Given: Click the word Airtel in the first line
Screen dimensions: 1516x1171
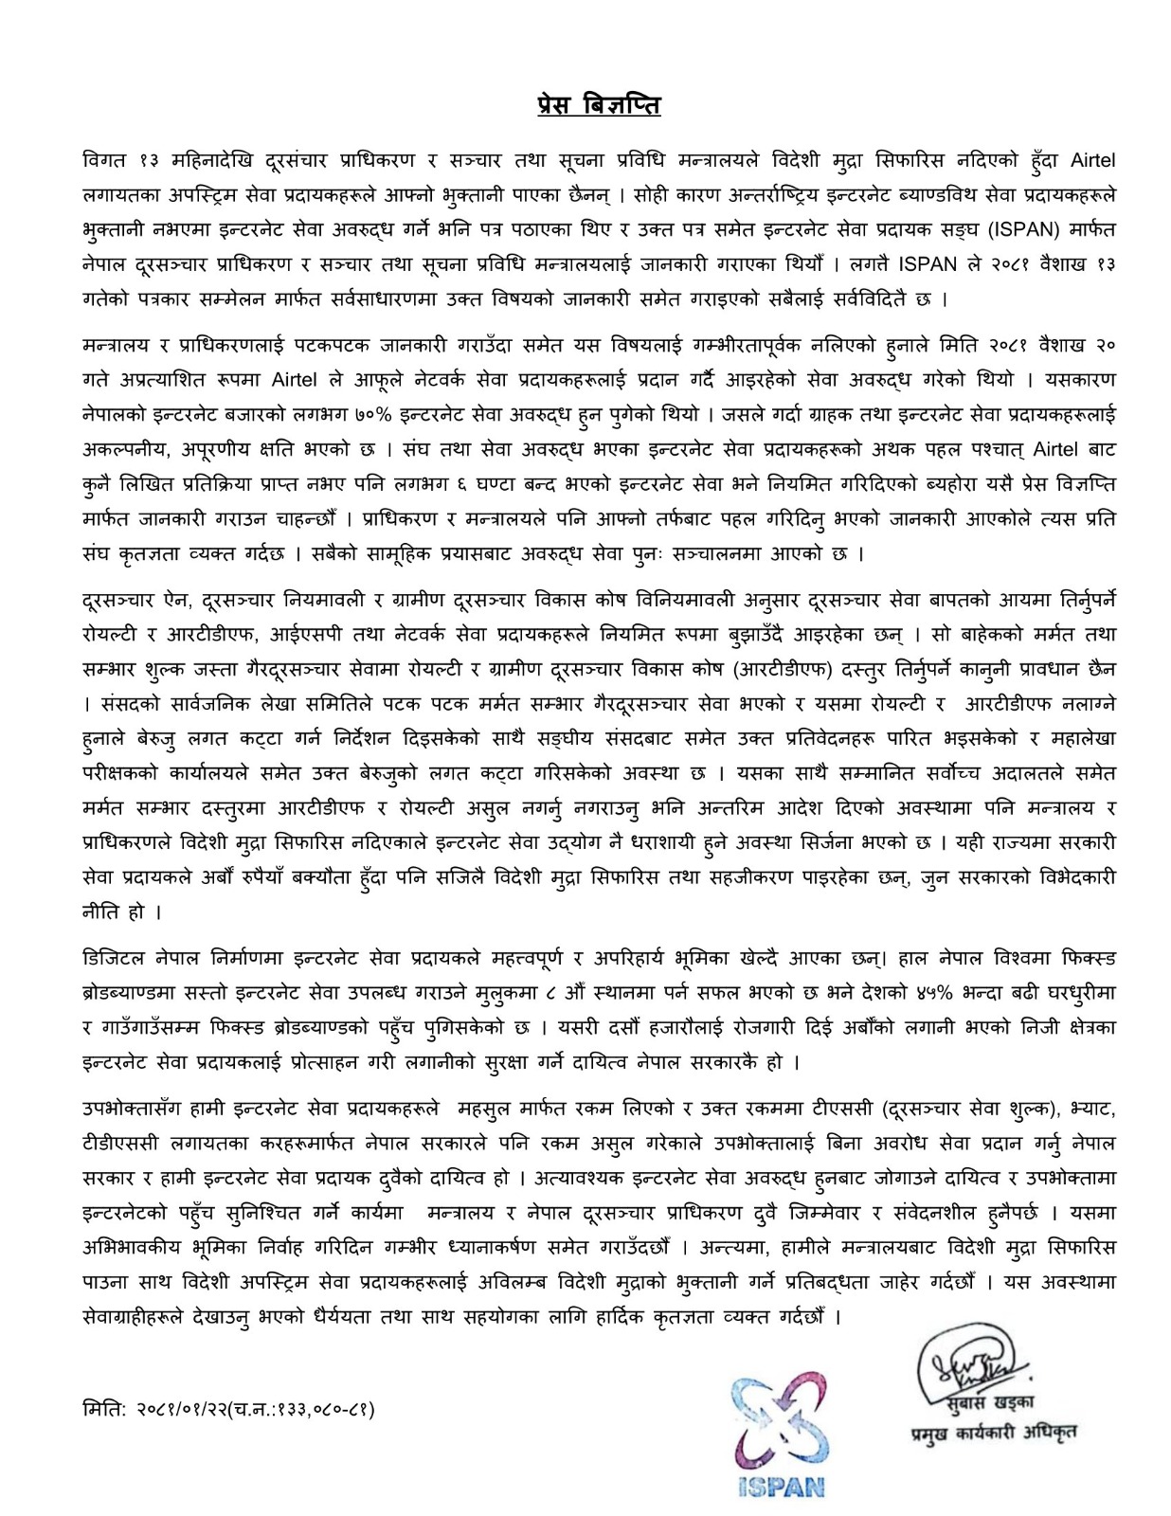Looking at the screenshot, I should tap(1092, 161).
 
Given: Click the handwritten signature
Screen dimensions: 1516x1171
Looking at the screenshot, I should tap(970, 1364).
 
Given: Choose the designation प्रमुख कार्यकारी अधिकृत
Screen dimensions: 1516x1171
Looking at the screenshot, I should tap(988, 1432).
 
